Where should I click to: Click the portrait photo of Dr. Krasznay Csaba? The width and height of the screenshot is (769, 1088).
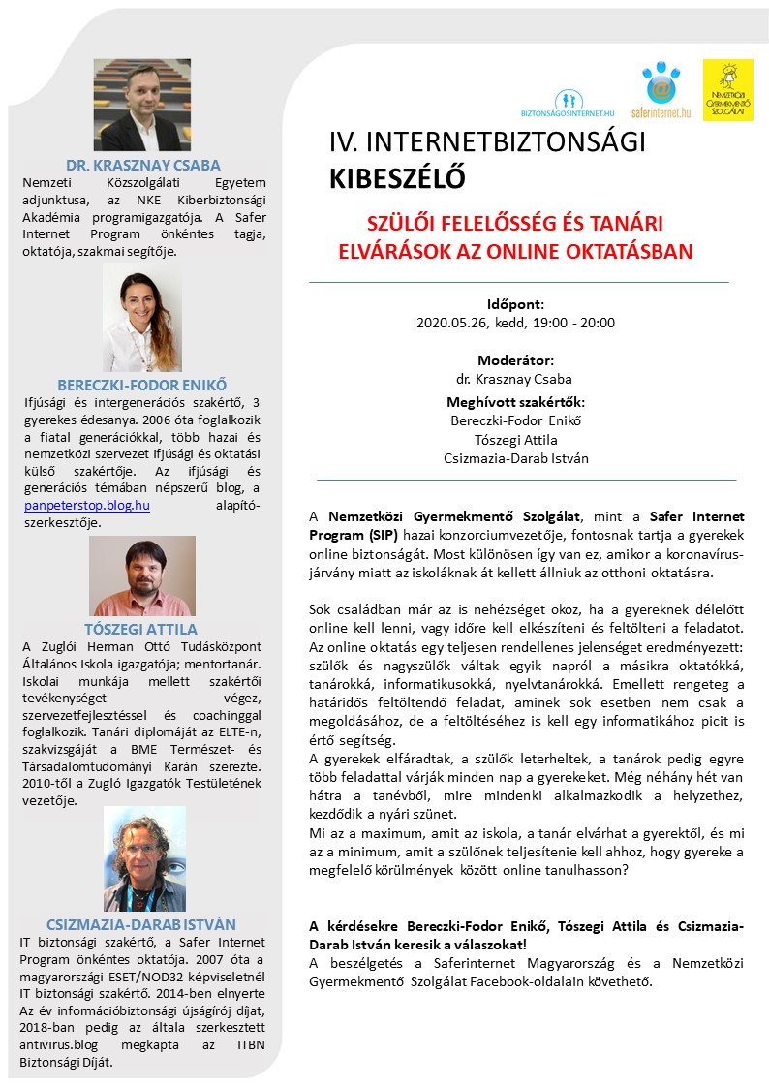pyautogui.click(x=142, y=105)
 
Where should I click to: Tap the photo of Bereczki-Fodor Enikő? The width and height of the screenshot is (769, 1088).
pyautogui.click(x=142, y=317)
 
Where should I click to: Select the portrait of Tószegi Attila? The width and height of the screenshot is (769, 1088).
pyautogui.click(x=142, y=575)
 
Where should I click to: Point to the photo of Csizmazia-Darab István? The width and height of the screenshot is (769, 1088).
pyautogui.click(x=143, y=858)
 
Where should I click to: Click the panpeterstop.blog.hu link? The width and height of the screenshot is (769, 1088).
pyautogui.click(x=87, y=506)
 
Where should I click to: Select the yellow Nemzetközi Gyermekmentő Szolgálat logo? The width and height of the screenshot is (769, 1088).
pyautogui.click(x=727, y=90)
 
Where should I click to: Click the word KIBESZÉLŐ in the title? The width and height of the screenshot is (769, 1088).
pyautogui.click(x=397, y=179)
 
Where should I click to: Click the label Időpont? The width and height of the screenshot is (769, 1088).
pyautogui.click(x=515, y=303)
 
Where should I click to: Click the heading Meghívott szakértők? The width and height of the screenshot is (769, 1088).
pyautogui.click(x=515, y=402)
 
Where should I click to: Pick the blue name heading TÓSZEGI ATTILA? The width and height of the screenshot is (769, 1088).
pyautogui.click(x=142, y=628)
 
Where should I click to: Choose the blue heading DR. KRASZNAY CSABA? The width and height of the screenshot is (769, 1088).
pyautogui.click(x=142, y=164)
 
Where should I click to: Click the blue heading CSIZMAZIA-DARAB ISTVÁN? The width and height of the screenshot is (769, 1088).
pyautogui.click(x=141, y=924)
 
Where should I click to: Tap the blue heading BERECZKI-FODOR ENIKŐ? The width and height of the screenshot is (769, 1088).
pyautogui.click(x=142, y=385)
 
